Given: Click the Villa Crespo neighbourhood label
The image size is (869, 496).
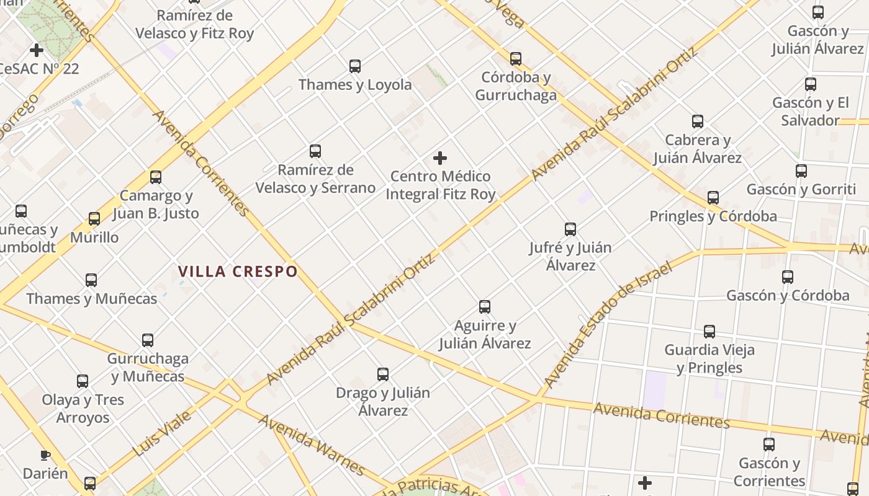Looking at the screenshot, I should pos(238,272).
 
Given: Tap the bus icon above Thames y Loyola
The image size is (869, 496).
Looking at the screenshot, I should pos(355,66).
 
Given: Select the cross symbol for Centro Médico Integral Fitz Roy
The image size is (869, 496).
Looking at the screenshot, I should pos(440,158).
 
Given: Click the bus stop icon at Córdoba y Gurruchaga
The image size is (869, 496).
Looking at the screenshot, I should pos(516,59).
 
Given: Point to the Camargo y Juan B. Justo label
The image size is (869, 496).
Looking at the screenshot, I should pos(156,205).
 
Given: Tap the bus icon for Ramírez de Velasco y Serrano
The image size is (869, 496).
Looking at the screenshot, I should pos(315,151).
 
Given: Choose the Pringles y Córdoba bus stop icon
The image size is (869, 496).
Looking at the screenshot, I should pos(713,198).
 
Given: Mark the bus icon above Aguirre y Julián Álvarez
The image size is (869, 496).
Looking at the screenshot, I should pos(485,307).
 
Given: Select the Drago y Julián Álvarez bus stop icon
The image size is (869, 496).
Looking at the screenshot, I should pos(383,374).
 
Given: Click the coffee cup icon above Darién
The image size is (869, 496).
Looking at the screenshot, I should pos(45,456).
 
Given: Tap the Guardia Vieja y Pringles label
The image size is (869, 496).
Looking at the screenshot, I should pos(709,358).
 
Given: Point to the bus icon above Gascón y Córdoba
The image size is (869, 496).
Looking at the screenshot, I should pos(788,277).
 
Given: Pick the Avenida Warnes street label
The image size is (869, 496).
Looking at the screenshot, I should pos(312,445).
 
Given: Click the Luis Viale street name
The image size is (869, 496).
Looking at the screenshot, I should pos(162,433).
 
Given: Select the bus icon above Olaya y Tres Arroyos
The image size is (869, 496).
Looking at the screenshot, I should pos(83,381).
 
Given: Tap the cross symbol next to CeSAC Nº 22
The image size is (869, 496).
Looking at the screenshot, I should pos(37,50).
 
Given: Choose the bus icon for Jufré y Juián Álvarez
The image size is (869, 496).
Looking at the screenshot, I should pos(570,229).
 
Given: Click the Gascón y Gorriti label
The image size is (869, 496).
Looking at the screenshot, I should pos(801,189).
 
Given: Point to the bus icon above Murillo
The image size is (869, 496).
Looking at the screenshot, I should pos(94,219).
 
